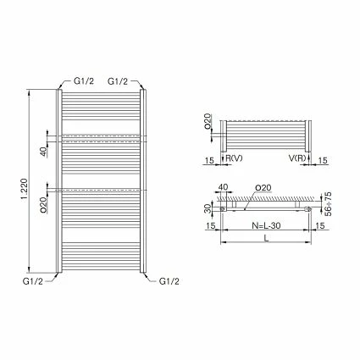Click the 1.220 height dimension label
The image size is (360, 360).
(x=24, y=189)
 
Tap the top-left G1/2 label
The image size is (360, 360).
(x=83, y=81)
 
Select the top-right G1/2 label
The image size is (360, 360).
(x=118, y=81)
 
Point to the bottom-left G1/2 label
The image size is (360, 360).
(x=33, y=281)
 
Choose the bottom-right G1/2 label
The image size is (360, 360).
(x=169, y=281)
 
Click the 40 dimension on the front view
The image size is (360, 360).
(x=43, y=152)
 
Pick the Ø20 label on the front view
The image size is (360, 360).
(x=43, y=204)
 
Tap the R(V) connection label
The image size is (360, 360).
(x=234, y=158)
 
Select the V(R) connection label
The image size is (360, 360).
(x=297, y=158)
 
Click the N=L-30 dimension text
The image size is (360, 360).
(x=266, y=225)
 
